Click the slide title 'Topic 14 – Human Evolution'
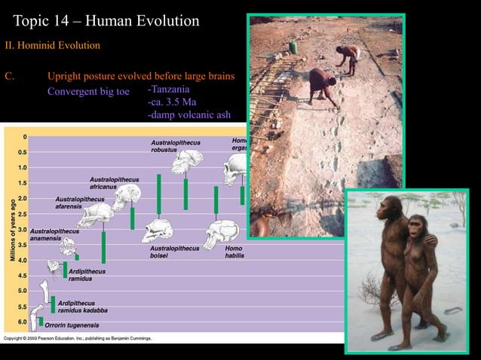[106, 20]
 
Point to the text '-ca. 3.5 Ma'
[173, 102]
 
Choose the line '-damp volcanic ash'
[188, 115]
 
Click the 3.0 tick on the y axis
[23, 229]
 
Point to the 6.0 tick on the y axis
[23, 322]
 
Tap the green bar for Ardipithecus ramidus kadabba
[53, 304]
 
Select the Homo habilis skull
[222, 231]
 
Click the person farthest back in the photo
[348, 56]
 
